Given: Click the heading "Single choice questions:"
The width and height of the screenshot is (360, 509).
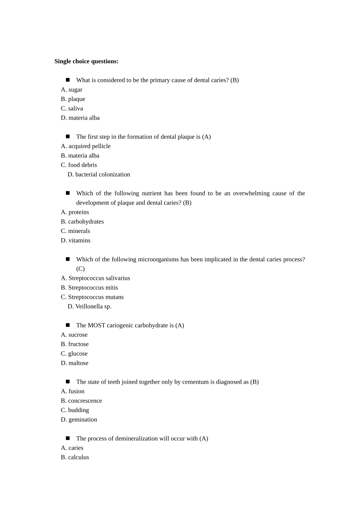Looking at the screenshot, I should coord(86,61).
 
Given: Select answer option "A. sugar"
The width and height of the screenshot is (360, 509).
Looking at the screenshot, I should coord(72,90).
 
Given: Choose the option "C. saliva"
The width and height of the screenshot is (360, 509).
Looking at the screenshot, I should coord(72,109).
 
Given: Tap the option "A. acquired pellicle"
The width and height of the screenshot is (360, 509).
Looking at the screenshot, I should coord(86,146).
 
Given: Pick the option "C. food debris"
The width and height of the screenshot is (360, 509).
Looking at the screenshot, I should coord(79,165).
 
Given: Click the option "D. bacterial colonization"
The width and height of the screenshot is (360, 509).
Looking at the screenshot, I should coord(99,175).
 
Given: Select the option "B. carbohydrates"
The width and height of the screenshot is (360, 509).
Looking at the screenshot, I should coord(82,222).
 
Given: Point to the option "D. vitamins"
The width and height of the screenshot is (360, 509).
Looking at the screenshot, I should coord(76,240).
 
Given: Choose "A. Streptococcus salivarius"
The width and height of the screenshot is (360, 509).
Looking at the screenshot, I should coord(95,278).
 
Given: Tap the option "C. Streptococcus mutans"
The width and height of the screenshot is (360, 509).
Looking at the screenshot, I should coord(92,297).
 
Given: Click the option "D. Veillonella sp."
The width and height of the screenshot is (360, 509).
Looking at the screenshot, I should coord(89,307).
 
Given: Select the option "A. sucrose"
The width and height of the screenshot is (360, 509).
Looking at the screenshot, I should coord(74,335).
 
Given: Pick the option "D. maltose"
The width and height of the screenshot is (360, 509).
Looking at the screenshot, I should coord(75,363).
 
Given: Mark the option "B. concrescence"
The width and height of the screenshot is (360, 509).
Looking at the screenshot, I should coord(81,401).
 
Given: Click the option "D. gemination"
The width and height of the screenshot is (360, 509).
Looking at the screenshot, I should coord(79,420).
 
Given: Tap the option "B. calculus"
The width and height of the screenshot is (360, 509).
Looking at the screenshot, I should coord(75,457).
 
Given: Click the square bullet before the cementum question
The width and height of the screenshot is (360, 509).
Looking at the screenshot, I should coord(68,381).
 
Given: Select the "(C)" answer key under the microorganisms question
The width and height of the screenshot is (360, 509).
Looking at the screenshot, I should coord(80,269).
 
